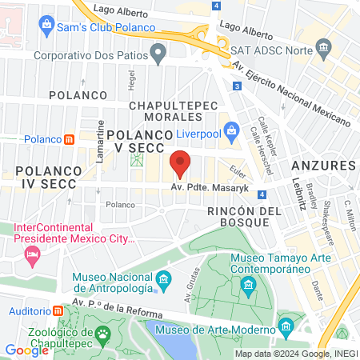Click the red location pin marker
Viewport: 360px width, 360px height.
(180, 163)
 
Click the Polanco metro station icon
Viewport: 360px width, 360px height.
(70, 139)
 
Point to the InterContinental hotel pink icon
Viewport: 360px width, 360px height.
(33, 256)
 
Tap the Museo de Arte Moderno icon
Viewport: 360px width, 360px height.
(286, 326)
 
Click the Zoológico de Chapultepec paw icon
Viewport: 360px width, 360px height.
(102, 333)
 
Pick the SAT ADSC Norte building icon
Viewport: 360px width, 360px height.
(324, 49)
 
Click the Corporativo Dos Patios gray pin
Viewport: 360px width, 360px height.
(158, 56)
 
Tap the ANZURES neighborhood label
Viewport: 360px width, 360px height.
(330, 165)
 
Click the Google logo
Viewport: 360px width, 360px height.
(26, 350)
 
